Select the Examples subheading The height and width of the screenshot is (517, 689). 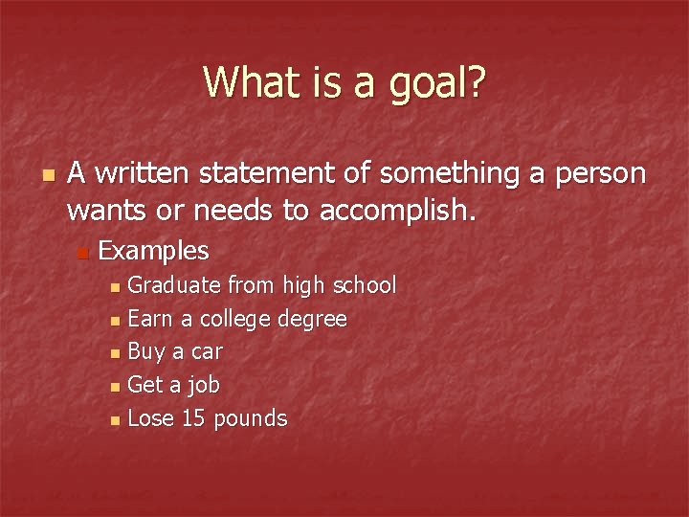(153, 251)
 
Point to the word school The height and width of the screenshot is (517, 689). (363, 285)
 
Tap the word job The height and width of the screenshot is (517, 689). (202, 385)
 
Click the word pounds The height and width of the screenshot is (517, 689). (251, 419)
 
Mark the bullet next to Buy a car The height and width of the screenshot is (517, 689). (116, 353)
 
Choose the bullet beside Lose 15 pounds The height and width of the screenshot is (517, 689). (116, 420)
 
